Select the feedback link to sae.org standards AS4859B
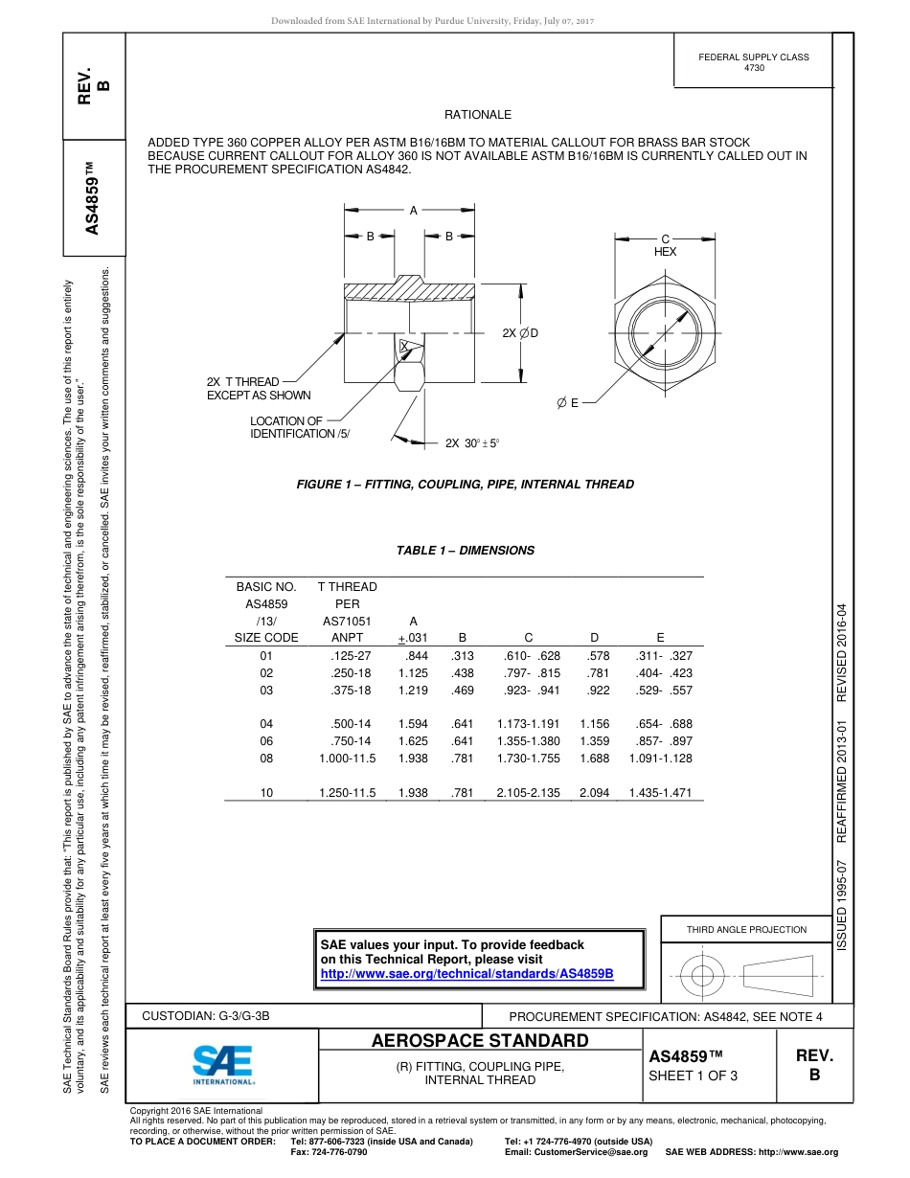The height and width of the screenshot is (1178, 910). coord(466,974)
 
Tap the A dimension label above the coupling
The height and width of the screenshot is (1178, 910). coord(414,211)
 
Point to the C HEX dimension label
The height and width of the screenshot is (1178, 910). coord(665,244)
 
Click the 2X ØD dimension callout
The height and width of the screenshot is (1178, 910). coord(520,332)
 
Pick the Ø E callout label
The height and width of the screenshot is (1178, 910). coord(568,403)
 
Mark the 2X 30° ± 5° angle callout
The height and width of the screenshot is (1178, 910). coord(472,443)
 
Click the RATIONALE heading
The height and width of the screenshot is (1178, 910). coord(478,115)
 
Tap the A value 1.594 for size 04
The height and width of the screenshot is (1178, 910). coord(413,724)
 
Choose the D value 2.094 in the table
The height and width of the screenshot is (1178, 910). coord(594,793)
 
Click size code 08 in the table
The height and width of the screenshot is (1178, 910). coord(266,759)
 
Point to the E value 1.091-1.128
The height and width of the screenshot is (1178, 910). coord(660,759)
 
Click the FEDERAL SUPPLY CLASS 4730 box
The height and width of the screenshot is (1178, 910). coord(754,62)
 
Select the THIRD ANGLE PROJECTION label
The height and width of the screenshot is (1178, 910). coord(746,929)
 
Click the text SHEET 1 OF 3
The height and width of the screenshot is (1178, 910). coord(694,1075)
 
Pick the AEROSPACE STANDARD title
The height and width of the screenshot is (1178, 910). coord(480,1041)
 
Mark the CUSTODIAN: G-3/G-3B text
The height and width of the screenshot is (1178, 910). coord(213,1016)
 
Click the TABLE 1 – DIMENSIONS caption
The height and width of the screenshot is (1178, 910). coord(466,551)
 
